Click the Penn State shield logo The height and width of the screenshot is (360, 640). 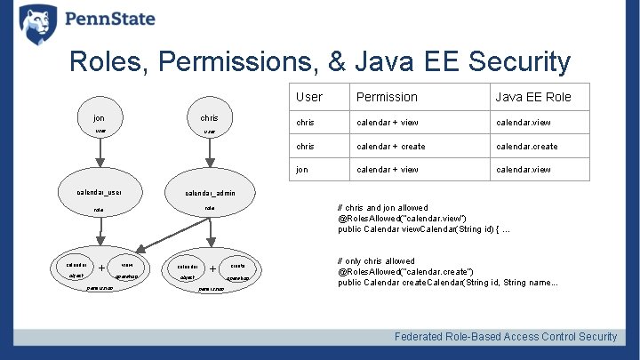38,24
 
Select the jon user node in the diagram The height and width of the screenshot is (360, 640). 100,123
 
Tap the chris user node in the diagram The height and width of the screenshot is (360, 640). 209,123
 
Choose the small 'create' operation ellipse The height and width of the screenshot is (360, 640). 237,266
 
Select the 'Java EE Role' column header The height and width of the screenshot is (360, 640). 533,97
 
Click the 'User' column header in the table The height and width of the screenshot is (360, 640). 309,97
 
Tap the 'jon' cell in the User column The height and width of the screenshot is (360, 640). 303,170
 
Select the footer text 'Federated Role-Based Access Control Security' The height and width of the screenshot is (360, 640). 506,337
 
